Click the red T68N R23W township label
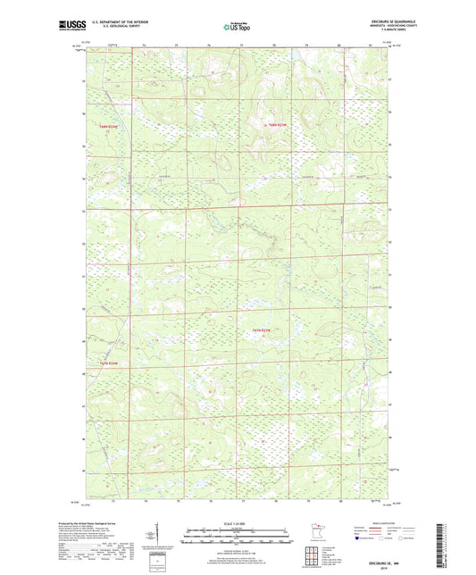(276, 124)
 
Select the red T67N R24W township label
(109, 362)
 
